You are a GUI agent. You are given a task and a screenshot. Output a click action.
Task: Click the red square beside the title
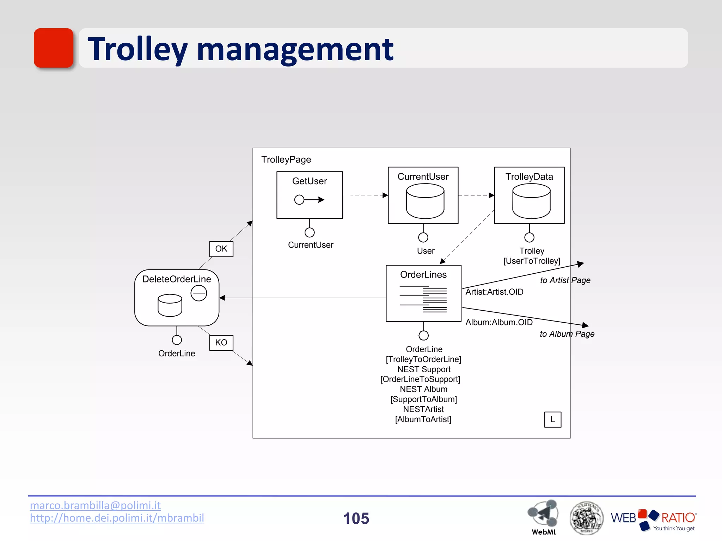[x=54, y=48]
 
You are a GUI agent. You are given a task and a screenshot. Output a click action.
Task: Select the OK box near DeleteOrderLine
[x=221, y=249]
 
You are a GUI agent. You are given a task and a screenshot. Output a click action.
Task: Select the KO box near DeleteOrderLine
[x=221, y=342]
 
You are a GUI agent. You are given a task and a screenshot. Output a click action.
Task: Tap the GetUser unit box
[x=310, y=195]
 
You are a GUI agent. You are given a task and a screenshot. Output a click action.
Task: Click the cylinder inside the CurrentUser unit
[x=425, y=201]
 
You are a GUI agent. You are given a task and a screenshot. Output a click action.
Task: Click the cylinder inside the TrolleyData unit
[x=531, y=201]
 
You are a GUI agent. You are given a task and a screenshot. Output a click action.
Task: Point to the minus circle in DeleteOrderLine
[x=199, y=293]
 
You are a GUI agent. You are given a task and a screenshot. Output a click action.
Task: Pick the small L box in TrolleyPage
[x=552, y=419]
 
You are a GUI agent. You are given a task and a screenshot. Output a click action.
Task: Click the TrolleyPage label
[x=286, y=160]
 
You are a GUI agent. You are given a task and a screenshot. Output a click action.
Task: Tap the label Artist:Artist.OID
[x=494, y=292]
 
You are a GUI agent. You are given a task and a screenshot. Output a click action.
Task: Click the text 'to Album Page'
[x=567, y=334]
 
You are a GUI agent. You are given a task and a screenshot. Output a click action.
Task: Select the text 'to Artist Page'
[x=565, y=280]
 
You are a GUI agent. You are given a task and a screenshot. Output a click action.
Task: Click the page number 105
[x=356, y=518]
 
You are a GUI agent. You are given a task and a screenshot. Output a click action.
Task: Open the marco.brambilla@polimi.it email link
[x=95, y=505]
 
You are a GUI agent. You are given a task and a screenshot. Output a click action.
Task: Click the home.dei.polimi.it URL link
[x=117, y=518]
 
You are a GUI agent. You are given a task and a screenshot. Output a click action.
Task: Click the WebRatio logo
[x=653, y=519]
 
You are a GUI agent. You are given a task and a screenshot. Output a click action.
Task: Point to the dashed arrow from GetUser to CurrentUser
[x=365, y=195]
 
